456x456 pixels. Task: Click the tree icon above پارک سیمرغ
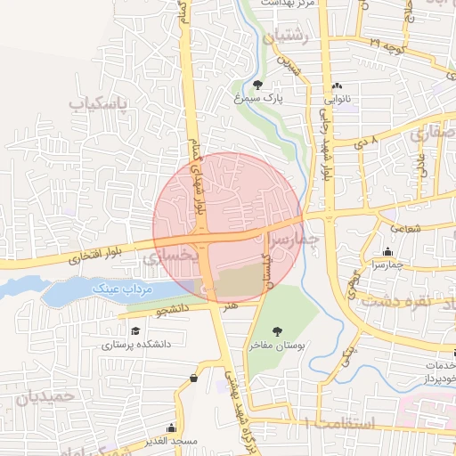257,85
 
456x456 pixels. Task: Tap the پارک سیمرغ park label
257,100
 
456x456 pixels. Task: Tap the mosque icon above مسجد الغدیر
194,378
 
